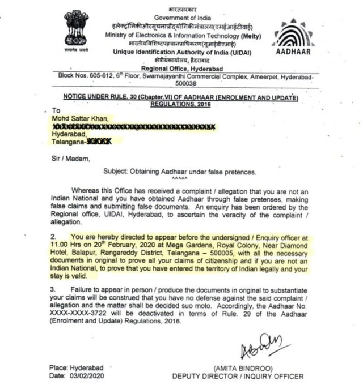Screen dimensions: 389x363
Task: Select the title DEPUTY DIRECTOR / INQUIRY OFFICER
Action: pyautogui.click(x=238, y=376)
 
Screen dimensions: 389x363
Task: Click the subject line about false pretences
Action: pyautogui.click(x=180, y=171)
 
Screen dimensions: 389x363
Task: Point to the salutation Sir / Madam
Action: pyautogui.click(x=70, y=159)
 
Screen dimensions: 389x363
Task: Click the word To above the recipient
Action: pyautogui.click(x=55, y=110)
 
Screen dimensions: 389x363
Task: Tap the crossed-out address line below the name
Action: pyautogui.click(x=133, y=126)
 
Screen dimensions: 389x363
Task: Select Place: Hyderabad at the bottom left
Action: pyautogui.click(x=75, y=367)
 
